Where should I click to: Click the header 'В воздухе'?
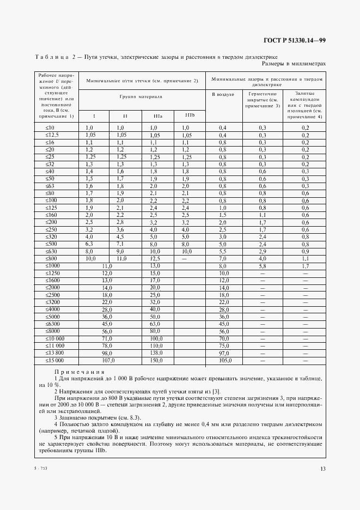(222, 94)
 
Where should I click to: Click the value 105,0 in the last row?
(223, 360)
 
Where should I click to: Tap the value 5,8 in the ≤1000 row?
(262, 265)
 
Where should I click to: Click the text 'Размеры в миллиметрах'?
(294, 64)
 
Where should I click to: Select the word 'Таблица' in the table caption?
(52, 57)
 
